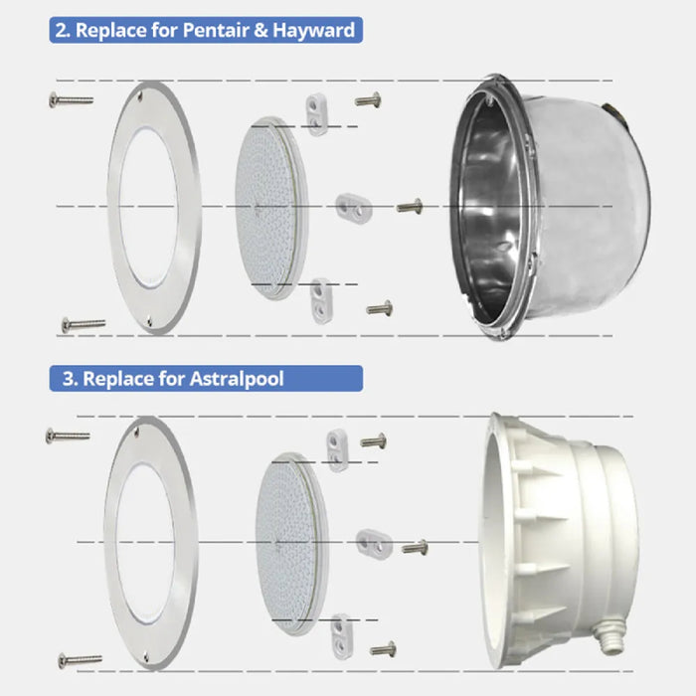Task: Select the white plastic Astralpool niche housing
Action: click(x=562, y=542)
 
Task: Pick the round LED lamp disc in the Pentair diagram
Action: click(x=270, y=209)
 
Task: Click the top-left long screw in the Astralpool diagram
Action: click(x=68, y=435)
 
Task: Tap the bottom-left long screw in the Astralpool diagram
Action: click(x=80, y=660)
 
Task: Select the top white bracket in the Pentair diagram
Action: click(x=317, y=113)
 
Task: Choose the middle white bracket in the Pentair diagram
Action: click(x=354, y=205)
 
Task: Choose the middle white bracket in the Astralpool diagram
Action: click(x=374, y=543)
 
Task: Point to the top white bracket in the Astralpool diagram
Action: click(x=337, y=449)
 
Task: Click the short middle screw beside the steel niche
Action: click(x=410, y=207)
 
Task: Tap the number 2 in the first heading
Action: click(x=62, y=31)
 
